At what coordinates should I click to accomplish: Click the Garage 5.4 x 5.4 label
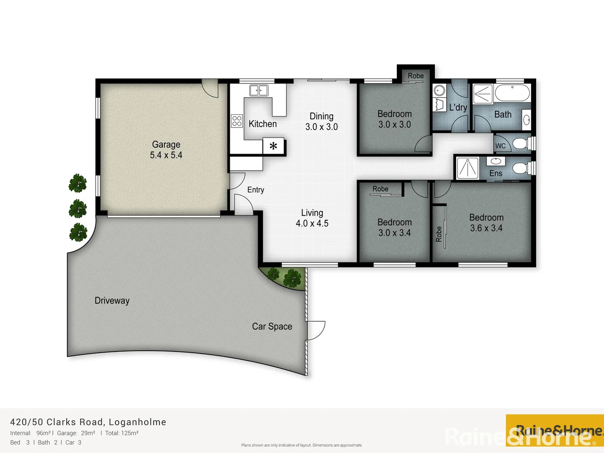(166, 150)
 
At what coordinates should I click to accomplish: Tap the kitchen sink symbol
(258, 90)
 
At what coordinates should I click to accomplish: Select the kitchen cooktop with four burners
(237, 121)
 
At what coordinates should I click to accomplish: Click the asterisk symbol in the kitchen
(273, 146)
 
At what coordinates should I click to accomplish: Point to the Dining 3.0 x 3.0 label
(321, 122)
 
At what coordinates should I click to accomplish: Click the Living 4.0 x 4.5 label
(312, 218)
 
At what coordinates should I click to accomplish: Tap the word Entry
(255, 190)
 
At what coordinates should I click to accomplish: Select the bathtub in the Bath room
(512, 93)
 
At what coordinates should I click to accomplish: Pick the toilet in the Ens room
(521, 169)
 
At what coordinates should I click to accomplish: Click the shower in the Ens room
(467, 168)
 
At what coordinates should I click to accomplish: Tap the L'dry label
(458, 107)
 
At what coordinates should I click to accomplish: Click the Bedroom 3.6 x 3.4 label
(486, 223)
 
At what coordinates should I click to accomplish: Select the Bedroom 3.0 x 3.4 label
(394, 227)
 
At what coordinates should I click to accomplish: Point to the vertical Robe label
(439, 234)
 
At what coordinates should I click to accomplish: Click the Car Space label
(272, 326)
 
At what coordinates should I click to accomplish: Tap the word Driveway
(112, 301)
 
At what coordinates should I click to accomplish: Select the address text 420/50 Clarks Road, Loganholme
(88, 422)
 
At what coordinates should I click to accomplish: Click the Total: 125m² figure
(122, 433)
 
